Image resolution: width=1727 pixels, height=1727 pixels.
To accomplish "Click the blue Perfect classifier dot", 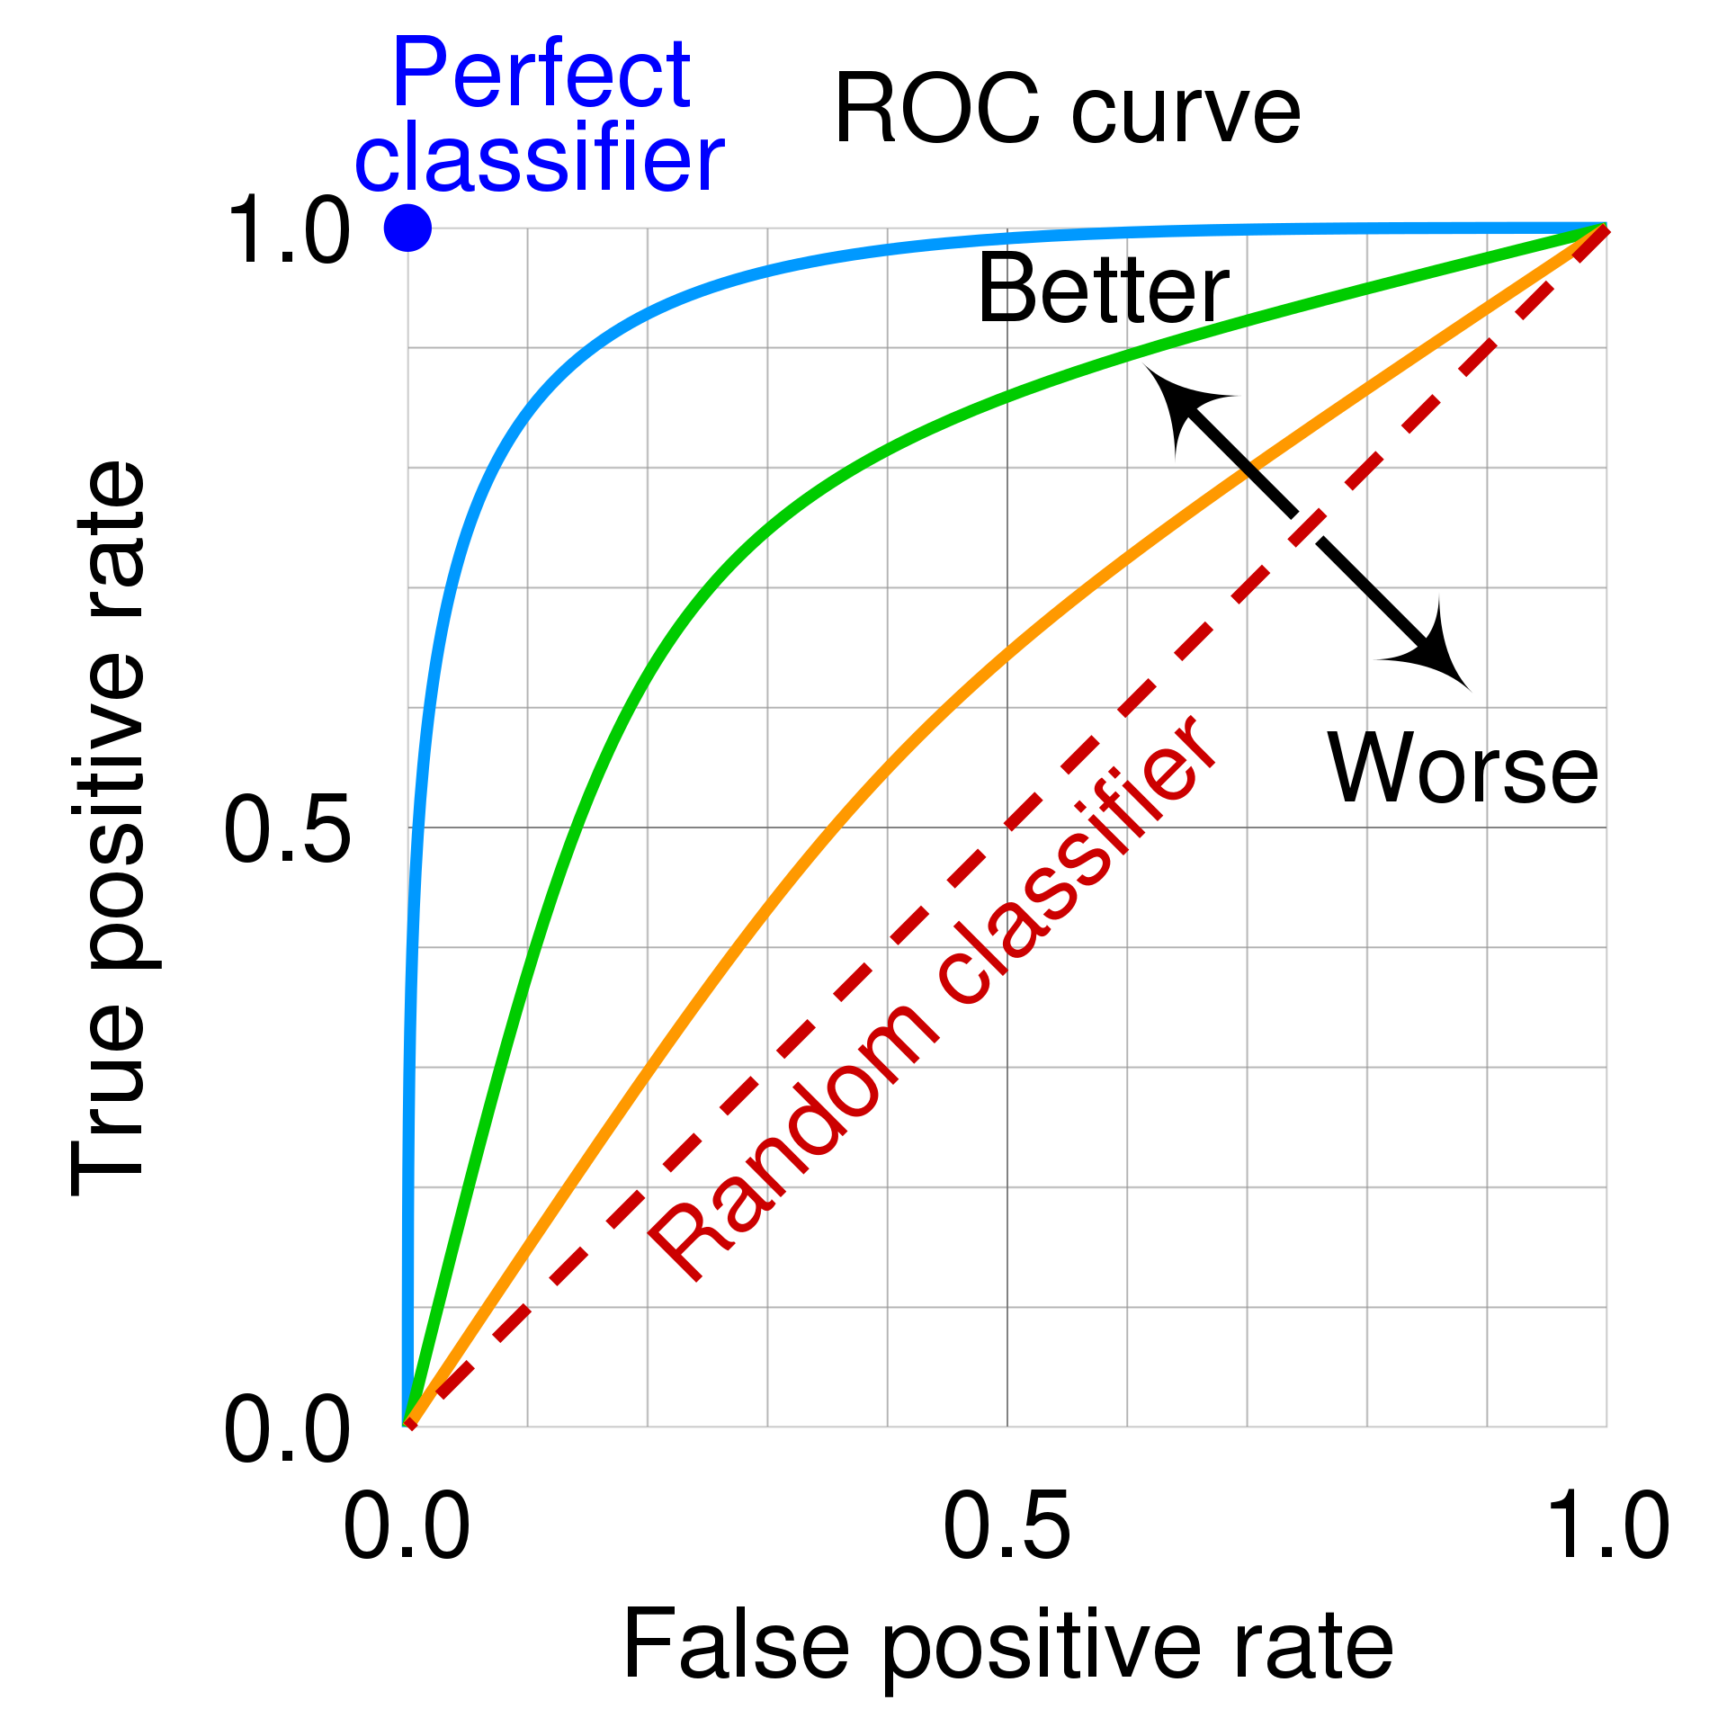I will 407,228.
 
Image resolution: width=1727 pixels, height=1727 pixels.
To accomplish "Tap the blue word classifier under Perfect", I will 539,159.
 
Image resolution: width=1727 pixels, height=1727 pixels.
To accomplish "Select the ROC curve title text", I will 1067,110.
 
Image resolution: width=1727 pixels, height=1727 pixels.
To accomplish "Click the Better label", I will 1103,290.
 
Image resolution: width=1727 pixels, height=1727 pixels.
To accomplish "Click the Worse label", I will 1463,769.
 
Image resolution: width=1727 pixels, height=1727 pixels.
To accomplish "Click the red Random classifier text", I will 931,998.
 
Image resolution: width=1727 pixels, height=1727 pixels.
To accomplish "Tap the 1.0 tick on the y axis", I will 288,232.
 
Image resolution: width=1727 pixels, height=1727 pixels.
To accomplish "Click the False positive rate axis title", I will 1007,1645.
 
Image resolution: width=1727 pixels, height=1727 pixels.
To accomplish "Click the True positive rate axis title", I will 108,828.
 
